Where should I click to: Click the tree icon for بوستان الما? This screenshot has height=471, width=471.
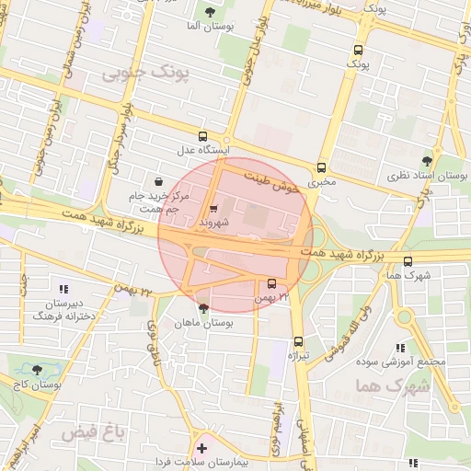pos(210,12)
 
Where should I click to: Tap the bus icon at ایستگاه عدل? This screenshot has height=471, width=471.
pos(202,135)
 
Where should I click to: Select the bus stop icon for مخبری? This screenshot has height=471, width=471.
pos(321,167)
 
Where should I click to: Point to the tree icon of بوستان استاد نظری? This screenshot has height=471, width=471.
pos(425,161)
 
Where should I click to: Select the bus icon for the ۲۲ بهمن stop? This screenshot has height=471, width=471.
pos(271,284)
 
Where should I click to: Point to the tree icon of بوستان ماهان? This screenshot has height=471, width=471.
pos(202,310)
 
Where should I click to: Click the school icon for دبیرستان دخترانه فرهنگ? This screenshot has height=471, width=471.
pos(63,290)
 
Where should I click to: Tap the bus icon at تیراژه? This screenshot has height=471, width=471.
pos(296,341)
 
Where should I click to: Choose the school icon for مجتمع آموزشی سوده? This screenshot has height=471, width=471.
pos(399,348)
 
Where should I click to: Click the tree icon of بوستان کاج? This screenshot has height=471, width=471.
pos(37,370)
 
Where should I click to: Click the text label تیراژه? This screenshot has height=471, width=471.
pos(296,355)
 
